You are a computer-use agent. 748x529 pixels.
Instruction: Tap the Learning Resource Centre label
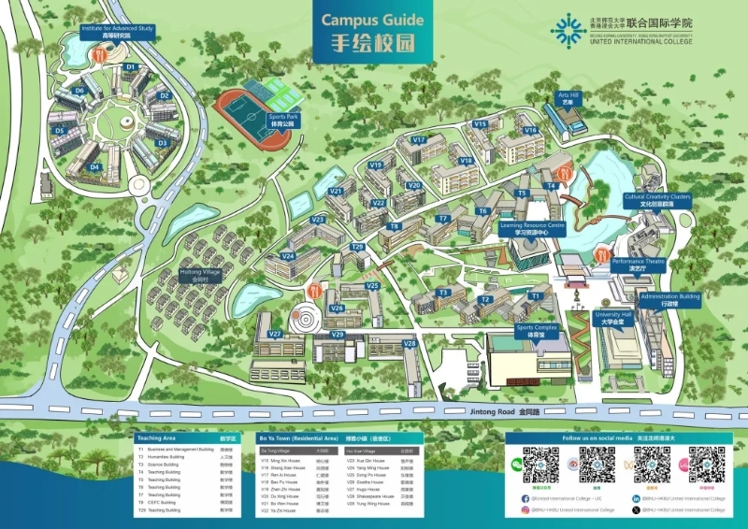(x=533, y=229)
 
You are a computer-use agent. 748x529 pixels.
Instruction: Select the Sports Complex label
(x=537, y=331)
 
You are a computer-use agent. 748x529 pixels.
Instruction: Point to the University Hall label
(x=613, y=318)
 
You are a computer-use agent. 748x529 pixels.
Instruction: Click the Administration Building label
(x=669, y=300)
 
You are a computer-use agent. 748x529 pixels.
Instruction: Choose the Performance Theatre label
(x=638, y=265)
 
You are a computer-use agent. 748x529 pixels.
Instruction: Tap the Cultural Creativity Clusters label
(x=657, y=200)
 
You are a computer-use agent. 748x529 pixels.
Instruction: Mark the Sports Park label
(x=280, y=120)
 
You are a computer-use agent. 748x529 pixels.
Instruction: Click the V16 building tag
(x=530, y=131)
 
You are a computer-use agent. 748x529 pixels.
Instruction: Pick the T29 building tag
(x=357, y=247)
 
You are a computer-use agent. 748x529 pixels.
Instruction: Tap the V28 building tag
(x=409, y=344)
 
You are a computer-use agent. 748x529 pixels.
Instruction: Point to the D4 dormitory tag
(x=94, y=167)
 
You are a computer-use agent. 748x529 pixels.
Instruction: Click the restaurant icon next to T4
(x=564, y=173)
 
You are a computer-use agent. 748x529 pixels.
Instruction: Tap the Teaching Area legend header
(x=156, y=437)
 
